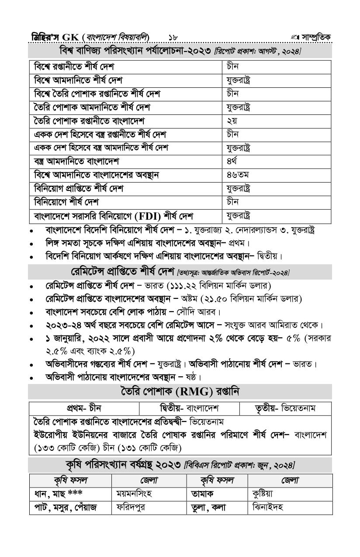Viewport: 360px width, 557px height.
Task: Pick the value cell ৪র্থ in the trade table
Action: (x=232, y=162)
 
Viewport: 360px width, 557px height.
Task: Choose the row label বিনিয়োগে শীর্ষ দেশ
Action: (x=66, y=203)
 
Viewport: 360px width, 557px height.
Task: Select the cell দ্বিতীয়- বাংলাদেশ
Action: (x=189, y=408)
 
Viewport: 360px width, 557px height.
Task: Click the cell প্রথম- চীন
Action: (x=84, y=408)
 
